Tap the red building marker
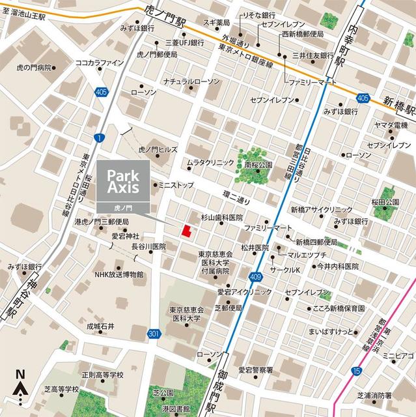coord(186,231)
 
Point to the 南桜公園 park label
coord(258,165)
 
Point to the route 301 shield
coord(154,334)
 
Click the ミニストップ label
coord(180,186)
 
